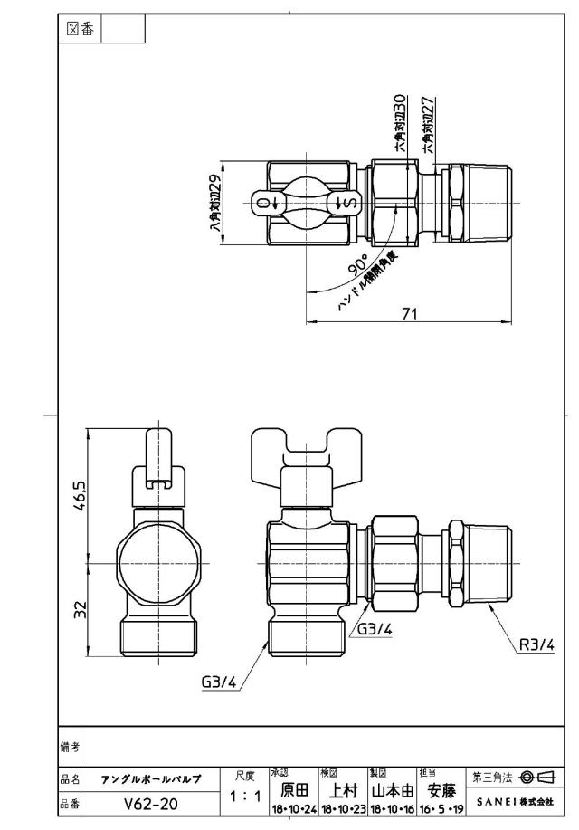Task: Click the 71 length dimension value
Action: coord(409,313)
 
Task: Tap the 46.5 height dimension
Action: coord(80,496)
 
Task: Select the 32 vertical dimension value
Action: coord(80,610)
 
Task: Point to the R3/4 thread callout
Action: coord(536,644)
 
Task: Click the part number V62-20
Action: coord(151,804)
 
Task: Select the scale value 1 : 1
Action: coord(244,796)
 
